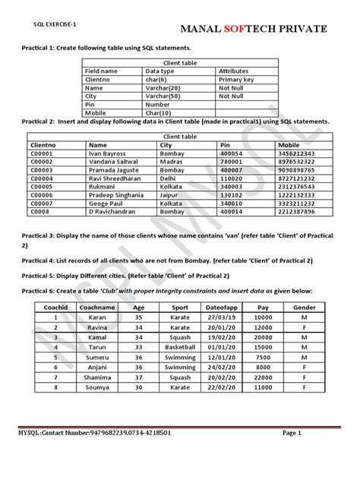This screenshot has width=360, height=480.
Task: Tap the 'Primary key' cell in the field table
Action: pos(236,79)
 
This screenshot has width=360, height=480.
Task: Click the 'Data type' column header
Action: pos(160,70)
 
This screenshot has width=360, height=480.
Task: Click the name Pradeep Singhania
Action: pos(115,195)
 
